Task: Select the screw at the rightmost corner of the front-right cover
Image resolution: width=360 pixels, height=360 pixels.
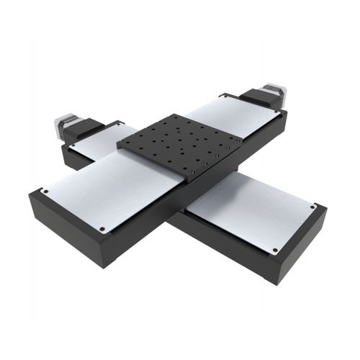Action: (312, 207)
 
